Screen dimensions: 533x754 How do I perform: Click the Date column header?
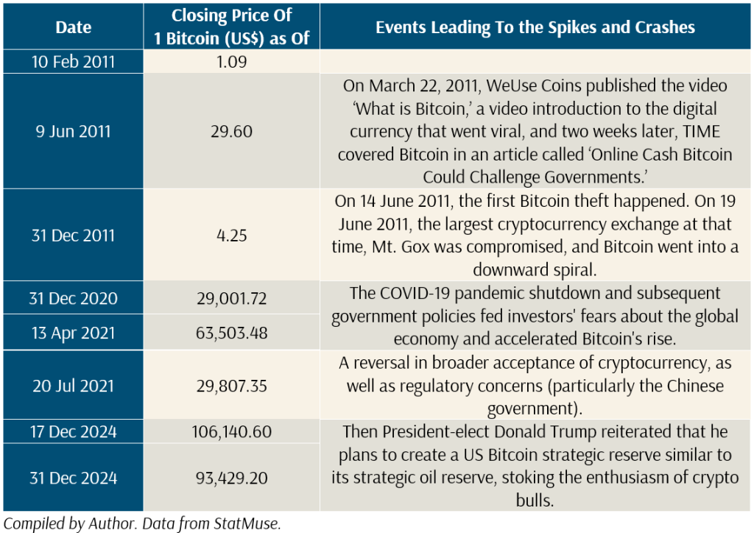[74, 27]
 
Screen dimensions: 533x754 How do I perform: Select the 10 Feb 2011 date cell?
[74, 60]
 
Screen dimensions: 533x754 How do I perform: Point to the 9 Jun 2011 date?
[74, 131]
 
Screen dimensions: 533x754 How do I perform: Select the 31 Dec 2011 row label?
[74, 236]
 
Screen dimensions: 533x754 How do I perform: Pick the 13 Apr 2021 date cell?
[74, 333]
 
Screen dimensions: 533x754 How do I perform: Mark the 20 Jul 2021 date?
[74, 386]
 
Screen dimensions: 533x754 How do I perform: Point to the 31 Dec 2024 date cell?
[74, 478]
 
